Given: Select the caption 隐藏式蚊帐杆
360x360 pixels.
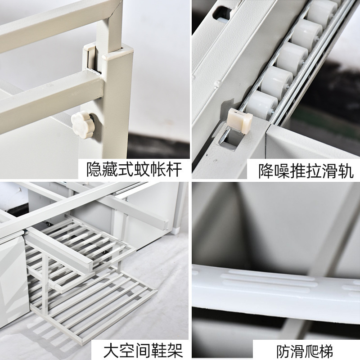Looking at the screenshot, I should click(x=134, y=170).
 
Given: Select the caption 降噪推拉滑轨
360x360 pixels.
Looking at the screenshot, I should click(x=306, y=170).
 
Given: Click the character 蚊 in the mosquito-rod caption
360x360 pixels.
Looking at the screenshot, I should click(x=144, y=170).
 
